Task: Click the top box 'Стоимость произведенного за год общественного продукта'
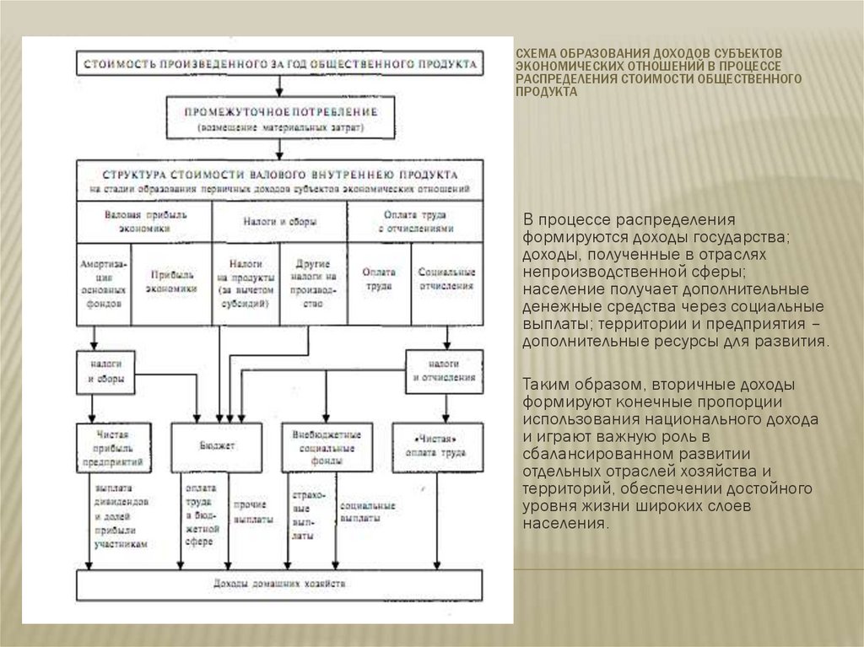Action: click(x=281, y=64)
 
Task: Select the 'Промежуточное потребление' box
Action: click(x=281, y=117)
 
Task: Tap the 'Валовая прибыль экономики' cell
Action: click(x=144, y=222)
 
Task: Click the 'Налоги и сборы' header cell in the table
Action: click(x=279, y=222)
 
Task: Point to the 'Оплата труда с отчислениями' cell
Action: click(x=415, y=222)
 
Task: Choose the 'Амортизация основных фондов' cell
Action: click(x=105, y=283)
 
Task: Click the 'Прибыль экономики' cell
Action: click(x=172, y=282)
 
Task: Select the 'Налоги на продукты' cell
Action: click(x=245, y=283)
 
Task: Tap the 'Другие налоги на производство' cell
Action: click(x=313, y=283)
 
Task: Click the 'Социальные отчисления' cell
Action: click(x=447, y=282)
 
